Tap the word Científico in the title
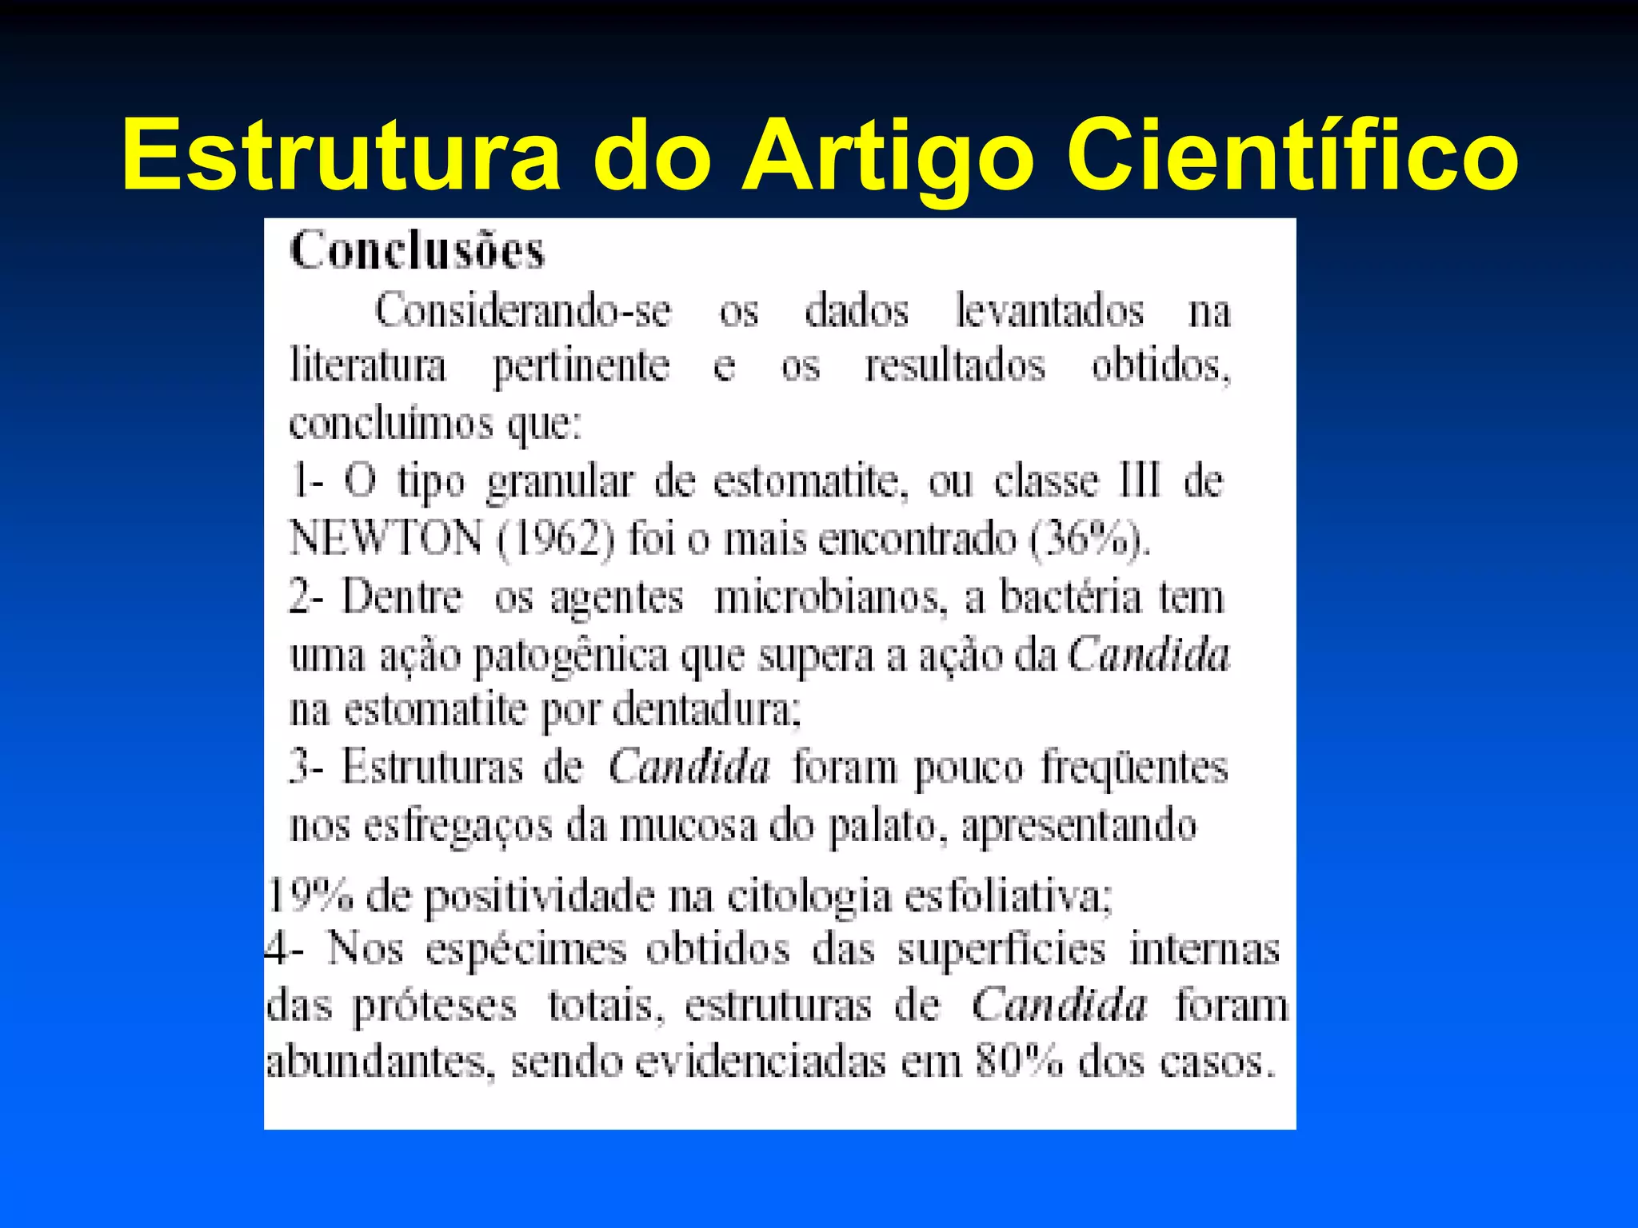1291,155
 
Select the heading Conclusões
417,251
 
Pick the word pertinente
581,367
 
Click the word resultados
955,367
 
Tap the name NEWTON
386,538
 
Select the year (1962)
556,538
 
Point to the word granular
560,483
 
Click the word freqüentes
1134,768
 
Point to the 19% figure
309,895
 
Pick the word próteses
435,1007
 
